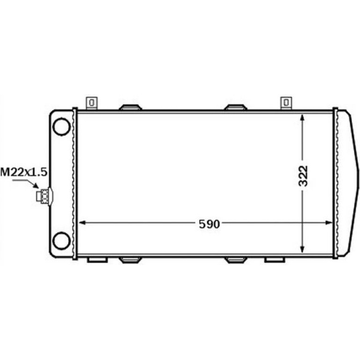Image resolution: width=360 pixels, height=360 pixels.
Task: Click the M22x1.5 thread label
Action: [x=24, y=172]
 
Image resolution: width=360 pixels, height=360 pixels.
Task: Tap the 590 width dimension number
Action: [x=209, y=224]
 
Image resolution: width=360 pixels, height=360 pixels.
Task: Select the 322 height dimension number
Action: [x=302, y=176]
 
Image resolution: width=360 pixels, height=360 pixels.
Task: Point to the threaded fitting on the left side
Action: [x=44, y=196]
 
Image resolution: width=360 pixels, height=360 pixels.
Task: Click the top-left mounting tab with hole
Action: [x=92, y=103]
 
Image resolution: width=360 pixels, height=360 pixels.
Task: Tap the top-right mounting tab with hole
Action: [x=286, y=103]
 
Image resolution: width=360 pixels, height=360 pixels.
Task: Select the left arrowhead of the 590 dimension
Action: [x=82, y=223]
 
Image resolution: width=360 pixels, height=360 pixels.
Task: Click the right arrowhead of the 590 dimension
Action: [x=329, y=223]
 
